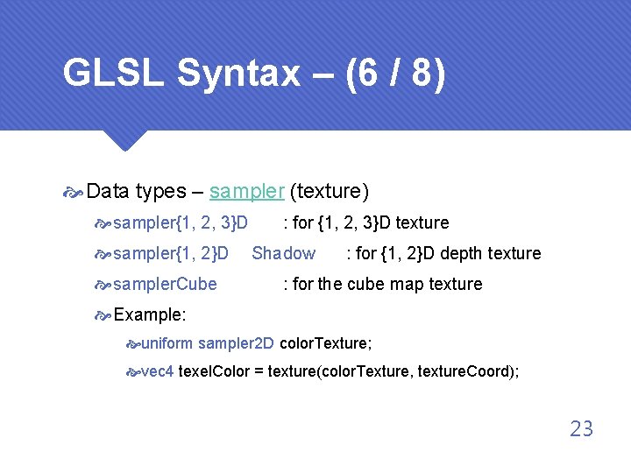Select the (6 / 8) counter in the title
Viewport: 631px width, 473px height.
click(395, 74)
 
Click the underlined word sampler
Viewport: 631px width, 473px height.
click(246, 191)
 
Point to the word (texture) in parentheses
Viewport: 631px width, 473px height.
click(330, 191)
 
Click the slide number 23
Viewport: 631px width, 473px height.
click(581, 429)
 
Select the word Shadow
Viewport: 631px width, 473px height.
click(284, 253)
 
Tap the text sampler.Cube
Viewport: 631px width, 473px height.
click(166, 284)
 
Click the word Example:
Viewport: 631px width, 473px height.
click(150, 314)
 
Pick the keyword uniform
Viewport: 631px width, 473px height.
click(167, 342)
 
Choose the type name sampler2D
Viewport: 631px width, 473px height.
click(237, 342)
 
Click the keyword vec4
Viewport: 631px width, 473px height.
click(157, 371)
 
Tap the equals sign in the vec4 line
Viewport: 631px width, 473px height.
click(259, 371)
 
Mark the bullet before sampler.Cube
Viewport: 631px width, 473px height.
click(103, 285)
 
